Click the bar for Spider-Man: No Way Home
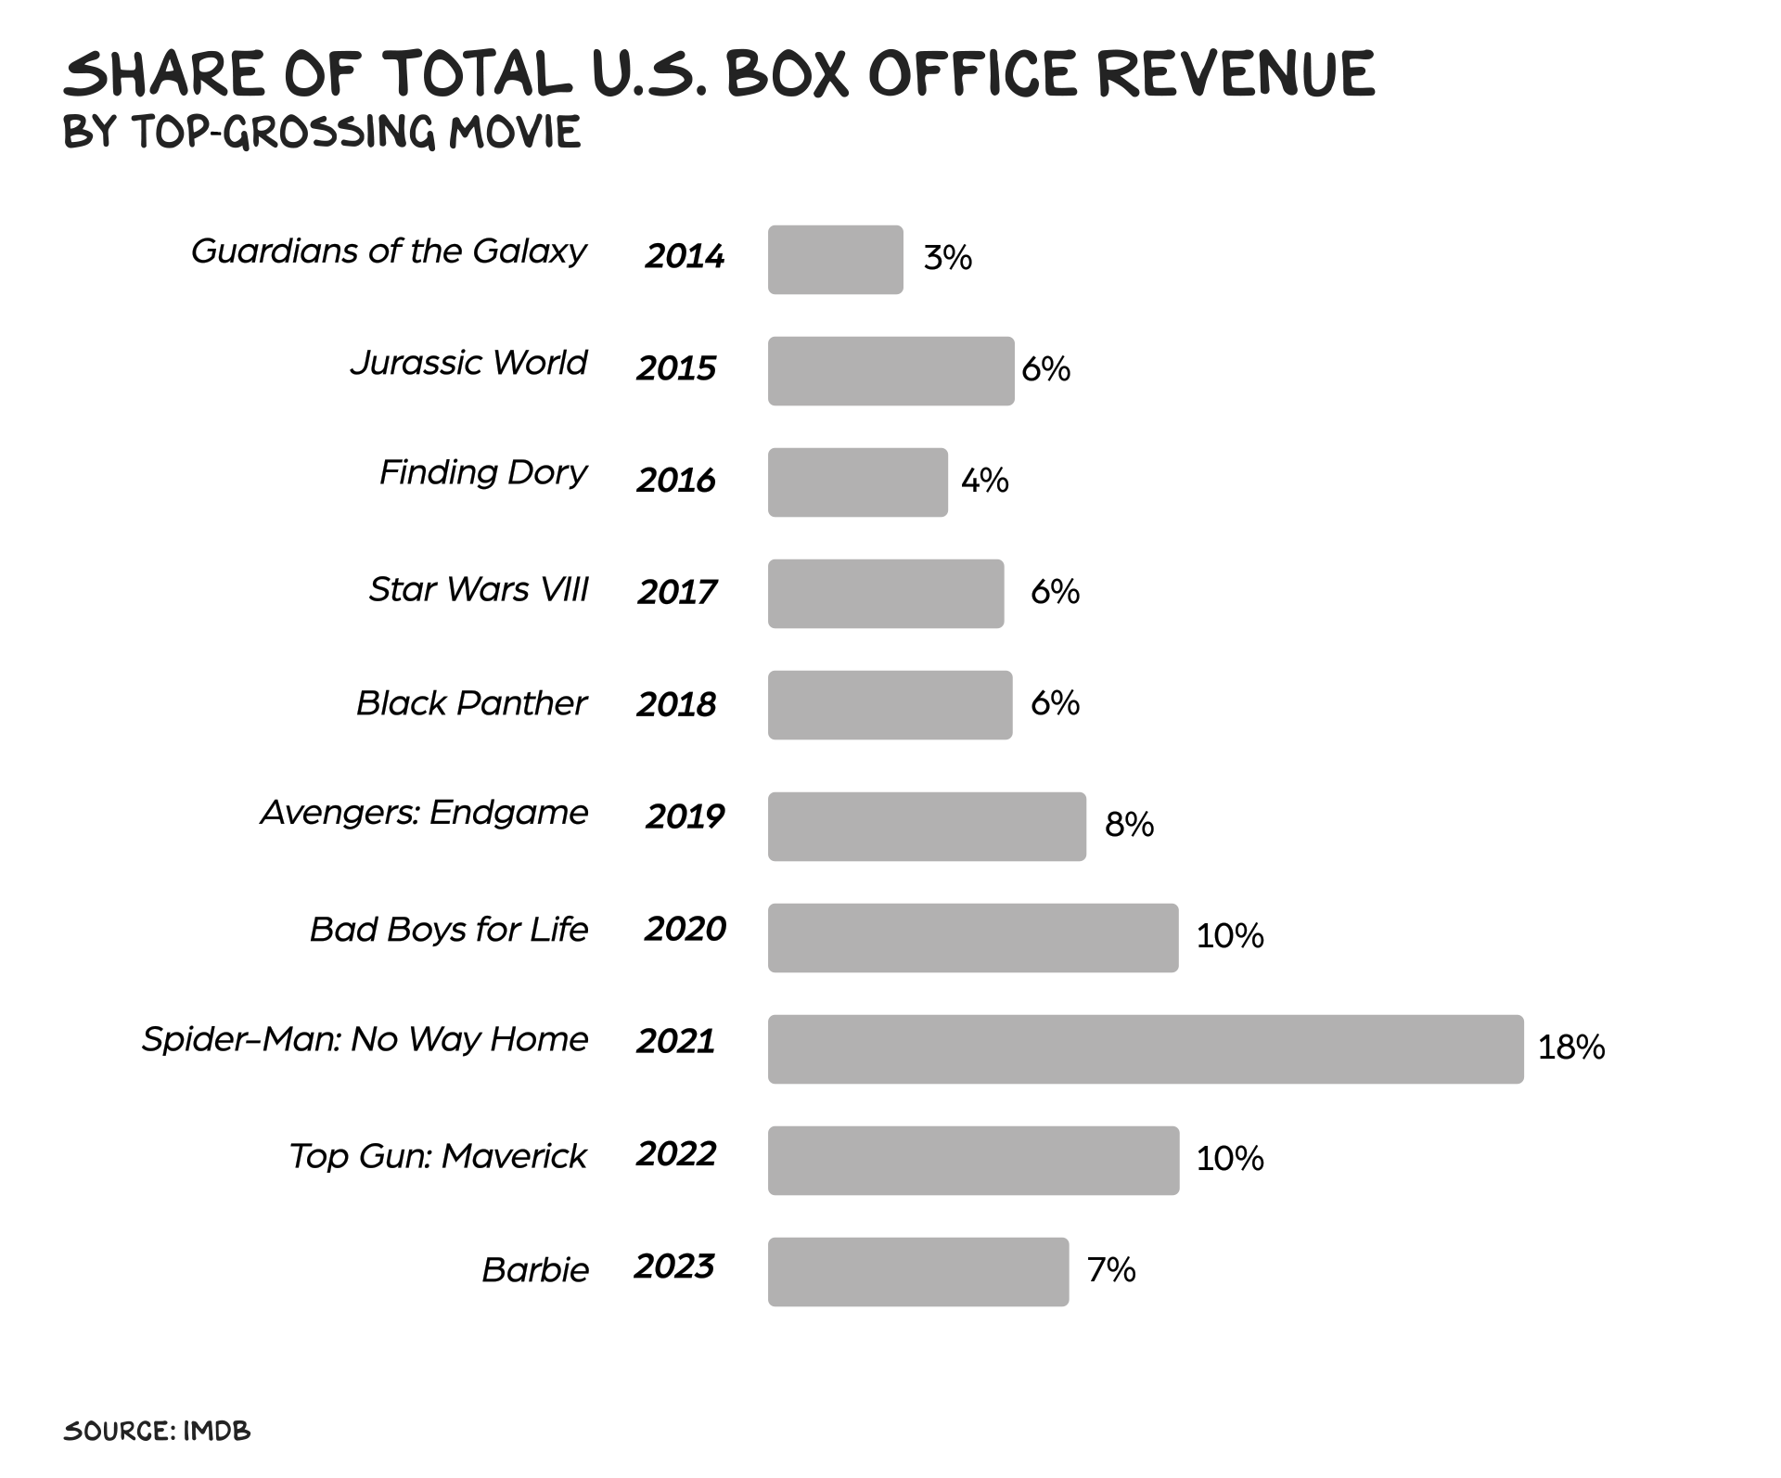1146,1049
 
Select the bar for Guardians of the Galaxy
835,260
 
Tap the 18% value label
1571,1047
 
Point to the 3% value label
947,258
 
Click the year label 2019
685,816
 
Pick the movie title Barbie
535,1269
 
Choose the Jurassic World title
468,363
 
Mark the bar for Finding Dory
857,482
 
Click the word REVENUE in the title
1236,74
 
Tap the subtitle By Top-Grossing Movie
322,133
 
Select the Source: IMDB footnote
157,1431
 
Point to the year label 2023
674,1266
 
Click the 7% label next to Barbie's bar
1111,1269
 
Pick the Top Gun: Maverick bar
973,1161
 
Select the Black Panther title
471,703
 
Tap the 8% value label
1129,824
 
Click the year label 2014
685,256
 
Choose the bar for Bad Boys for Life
973,938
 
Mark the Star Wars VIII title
479,589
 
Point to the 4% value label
984,481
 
